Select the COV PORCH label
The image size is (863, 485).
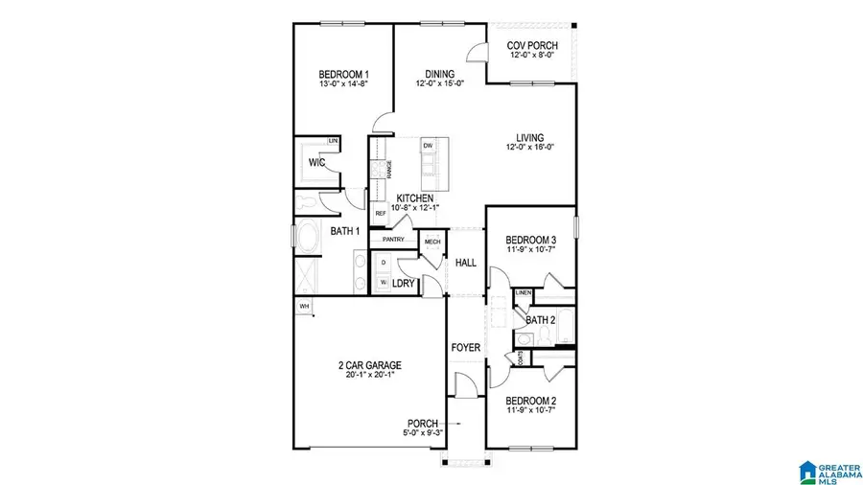point(533,45)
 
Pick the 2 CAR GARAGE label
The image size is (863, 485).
point(369,365)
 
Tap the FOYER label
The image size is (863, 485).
point(466,347)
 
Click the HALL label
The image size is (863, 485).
point(466,263)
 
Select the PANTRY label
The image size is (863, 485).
point(394,240)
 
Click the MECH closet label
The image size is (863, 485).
point(432,242)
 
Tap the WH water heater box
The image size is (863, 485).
point(305,307)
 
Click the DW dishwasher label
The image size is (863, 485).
point(428,146)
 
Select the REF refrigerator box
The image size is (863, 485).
point(380,213)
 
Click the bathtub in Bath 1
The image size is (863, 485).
point(309,239)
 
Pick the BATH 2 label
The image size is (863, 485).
point(541,320)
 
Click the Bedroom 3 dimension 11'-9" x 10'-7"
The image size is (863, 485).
point(530,250)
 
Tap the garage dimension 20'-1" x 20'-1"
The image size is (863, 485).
point(369,375)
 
